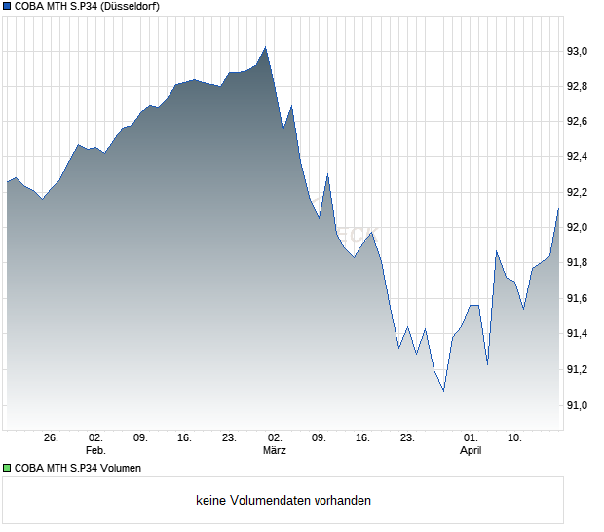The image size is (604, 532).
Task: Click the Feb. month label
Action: point(94,451)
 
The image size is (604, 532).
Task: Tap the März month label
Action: point(275,451)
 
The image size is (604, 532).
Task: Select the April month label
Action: point(471,451)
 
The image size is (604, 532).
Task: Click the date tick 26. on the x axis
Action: point(52,438)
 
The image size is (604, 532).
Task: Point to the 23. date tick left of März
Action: point(229,438)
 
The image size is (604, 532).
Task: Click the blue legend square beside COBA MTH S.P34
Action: point(8,7)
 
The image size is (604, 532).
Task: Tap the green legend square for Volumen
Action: point(8,468)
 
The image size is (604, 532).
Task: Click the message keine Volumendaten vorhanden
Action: point(283,501)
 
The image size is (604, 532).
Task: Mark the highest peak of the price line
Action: point(265,47)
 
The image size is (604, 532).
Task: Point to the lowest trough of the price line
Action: point(443,391)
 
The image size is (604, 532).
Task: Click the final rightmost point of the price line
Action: point(558,208)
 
